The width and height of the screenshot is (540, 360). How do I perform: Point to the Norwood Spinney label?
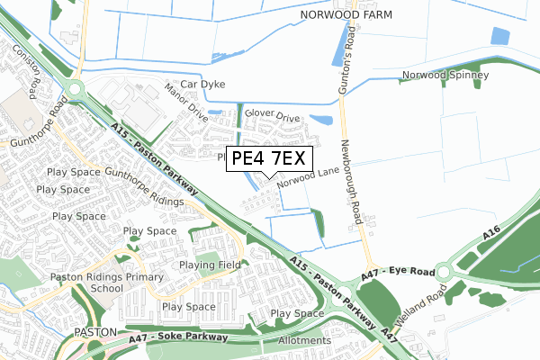click(x=446, y=76)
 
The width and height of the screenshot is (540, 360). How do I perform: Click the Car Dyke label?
click(x=202, y=85)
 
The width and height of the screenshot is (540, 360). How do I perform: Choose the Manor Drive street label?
click(x=186, y=105)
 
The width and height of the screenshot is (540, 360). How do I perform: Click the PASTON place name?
click(x=95, y=332)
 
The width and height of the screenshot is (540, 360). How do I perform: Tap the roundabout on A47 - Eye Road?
click(x=444, y=271)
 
